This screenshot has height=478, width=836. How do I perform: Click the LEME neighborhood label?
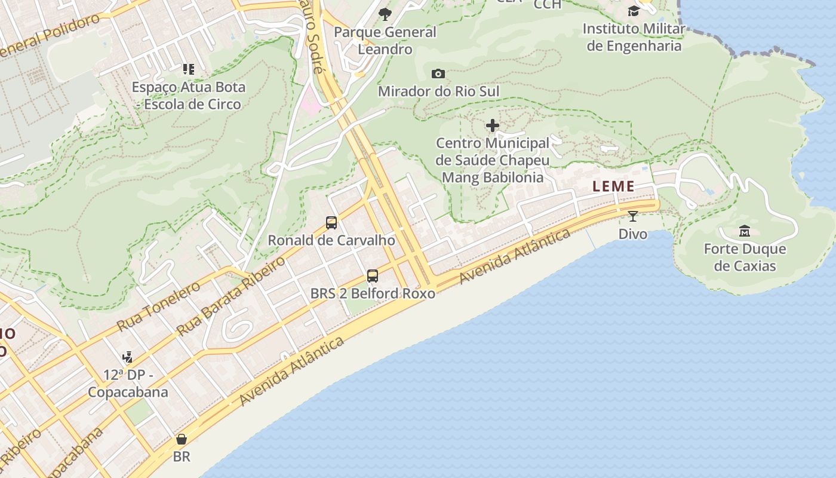pos(613,186)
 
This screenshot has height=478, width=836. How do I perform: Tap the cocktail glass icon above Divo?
pos(632,216)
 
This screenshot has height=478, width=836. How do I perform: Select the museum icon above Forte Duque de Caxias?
pos(745,231)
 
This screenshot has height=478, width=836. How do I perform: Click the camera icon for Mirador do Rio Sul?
pos(438,73)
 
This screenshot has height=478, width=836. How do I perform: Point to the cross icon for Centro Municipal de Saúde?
pos(493,125)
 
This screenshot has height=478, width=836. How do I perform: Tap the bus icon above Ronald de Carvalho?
pos(331,223)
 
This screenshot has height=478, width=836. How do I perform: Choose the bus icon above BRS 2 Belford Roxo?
pos(373,276)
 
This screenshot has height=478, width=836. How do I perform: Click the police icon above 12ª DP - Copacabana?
pos(127,357)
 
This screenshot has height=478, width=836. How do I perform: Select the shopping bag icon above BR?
pos(182,440)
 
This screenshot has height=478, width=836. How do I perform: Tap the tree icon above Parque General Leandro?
pos(385,14)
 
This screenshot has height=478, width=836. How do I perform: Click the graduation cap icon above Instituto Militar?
pos(634,11)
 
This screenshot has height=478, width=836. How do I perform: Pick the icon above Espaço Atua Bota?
pos(189,69)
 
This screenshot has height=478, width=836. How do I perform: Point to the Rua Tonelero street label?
pos(159,307)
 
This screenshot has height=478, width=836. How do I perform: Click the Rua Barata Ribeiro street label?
pos(231,296)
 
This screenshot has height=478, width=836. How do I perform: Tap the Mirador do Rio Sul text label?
pos(439,91)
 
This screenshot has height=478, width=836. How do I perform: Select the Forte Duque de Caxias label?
pos(745,258)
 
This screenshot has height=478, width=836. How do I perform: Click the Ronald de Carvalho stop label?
pos(331,240)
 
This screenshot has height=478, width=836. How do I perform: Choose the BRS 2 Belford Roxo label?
pos(373,293)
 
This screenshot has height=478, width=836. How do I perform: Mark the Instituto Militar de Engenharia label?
pos(634,37)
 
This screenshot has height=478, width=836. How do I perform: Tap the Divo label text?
pos(632,234)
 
